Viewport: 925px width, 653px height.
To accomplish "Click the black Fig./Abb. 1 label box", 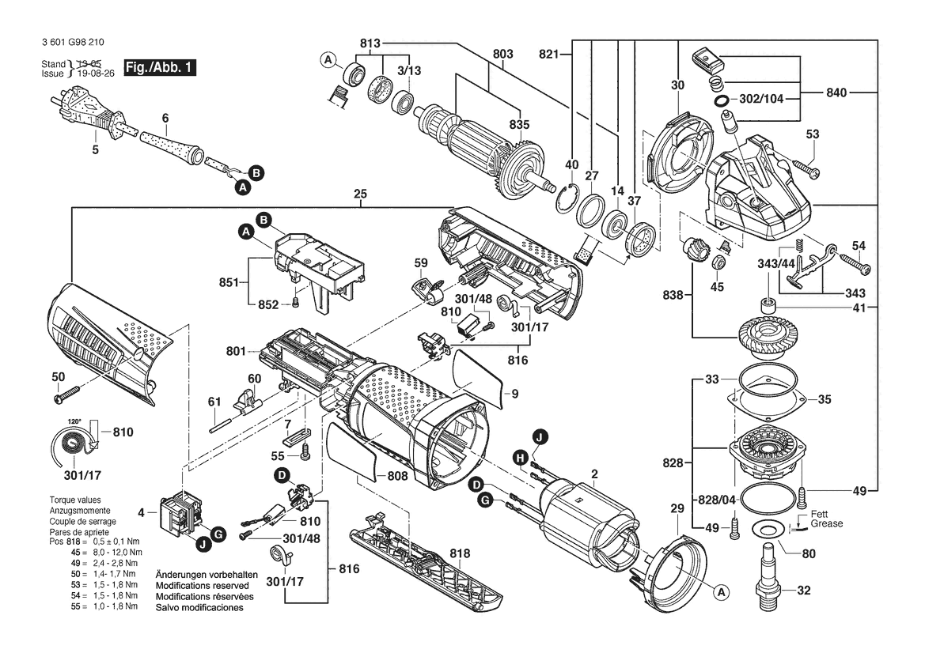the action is pos(160,67).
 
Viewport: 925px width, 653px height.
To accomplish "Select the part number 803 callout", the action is pos(503,54).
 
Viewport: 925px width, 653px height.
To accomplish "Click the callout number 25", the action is pos(361,194).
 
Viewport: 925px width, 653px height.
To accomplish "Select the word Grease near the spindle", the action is pos(826,524).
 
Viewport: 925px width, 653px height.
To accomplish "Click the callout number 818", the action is pos(461,553).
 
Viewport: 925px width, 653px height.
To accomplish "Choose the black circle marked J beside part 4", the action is pos(203,545).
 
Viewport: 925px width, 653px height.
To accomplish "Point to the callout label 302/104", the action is pos(761,98).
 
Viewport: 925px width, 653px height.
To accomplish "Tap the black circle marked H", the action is pos(520,457).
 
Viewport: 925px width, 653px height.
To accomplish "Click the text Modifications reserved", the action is pos(203,586).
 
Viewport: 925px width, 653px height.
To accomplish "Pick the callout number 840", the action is pos(836,92).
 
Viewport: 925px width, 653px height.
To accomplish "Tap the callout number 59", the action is pos(421,262).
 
